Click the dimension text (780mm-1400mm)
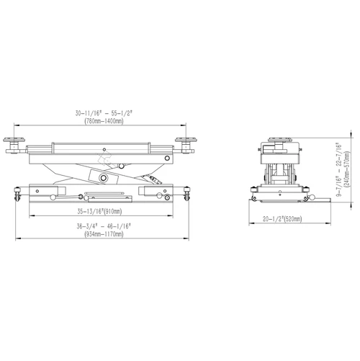[x=104, y=121]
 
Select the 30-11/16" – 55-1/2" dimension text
[x=104, y=113]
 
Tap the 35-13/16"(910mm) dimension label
[x=99, y=211]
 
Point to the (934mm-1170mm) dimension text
[x=104, y=234]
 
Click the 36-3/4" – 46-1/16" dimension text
[x=104, y=226]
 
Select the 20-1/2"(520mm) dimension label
[x=282, y=219]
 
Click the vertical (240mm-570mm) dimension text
[x=347, y=169]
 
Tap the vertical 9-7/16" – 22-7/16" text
[x=338, y=170]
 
